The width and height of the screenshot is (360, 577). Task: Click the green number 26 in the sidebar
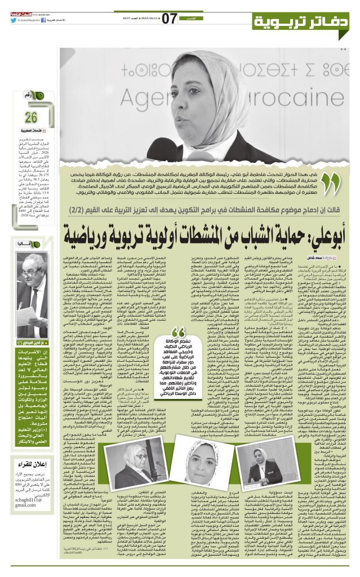click(30, 118)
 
